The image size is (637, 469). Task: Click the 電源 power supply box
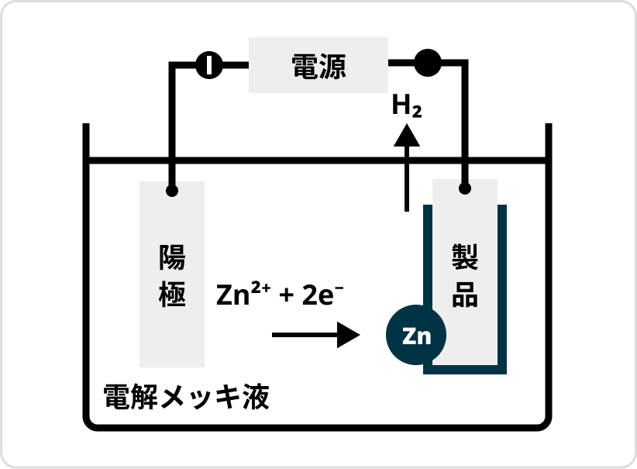[318, 66]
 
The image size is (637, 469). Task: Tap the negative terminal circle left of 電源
[208, 65]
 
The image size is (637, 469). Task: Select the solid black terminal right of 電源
[427, 63]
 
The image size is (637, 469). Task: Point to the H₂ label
[406, 106]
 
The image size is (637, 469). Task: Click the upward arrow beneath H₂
[406, 167]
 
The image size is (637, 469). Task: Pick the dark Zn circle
[416, 336]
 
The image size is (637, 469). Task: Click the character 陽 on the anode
[172, 257]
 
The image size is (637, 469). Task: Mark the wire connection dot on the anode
[172, 190]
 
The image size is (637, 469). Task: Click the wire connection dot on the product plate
[465, 189]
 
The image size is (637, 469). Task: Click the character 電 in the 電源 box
[305, 66]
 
